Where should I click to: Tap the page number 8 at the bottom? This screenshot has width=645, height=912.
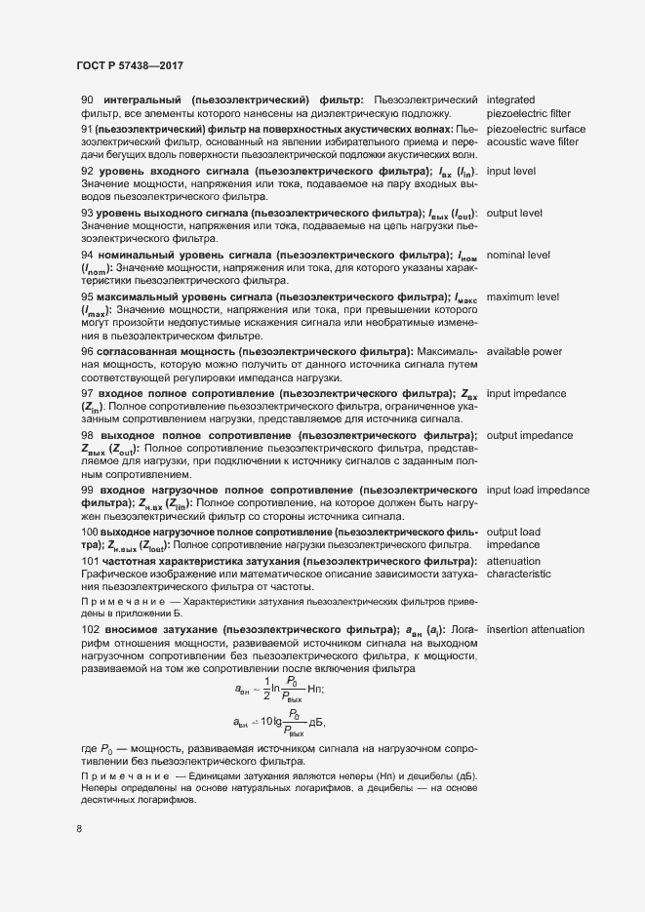79,830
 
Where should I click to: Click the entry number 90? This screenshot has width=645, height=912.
87,100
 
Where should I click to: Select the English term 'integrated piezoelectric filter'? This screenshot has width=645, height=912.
528,107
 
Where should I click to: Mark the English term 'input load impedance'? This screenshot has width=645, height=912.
544,490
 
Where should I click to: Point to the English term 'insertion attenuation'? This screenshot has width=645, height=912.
543,629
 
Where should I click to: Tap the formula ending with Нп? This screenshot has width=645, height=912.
281,689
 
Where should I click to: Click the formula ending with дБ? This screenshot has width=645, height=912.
281,723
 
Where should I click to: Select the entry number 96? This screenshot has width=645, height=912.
87,351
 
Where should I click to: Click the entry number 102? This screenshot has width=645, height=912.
90,629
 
